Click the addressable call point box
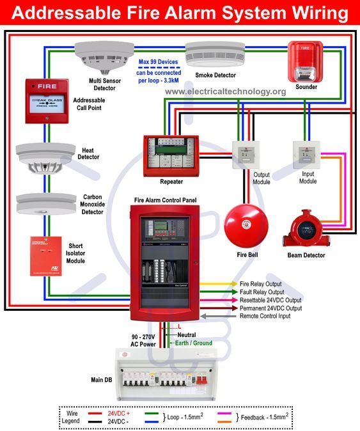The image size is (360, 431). [x=47, y=98]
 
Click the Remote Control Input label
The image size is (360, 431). [x=265, y=316]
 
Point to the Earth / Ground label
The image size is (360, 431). [x=192, y=343]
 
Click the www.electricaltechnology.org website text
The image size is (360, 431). [x=225, y=92]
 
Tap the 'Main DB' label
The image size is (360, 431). [x=102, y=379]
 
